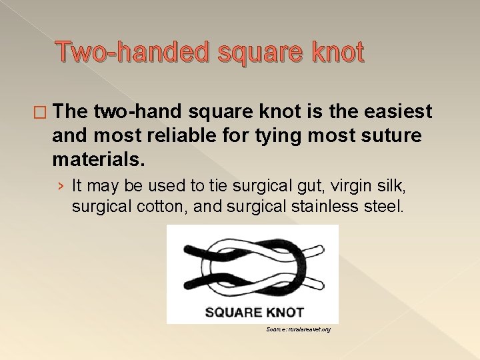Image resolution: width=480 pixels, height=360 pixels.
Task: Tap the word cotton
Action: pos(157,207)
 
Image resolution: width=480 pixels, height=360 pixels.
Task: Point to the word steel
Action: pos(383,207)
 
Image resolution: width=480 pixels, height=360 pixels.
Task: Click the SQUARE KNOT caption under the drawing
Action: pos(253,311)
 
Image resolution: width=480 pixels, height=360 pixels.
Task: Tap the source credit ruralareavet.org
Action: pos(298,329)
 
